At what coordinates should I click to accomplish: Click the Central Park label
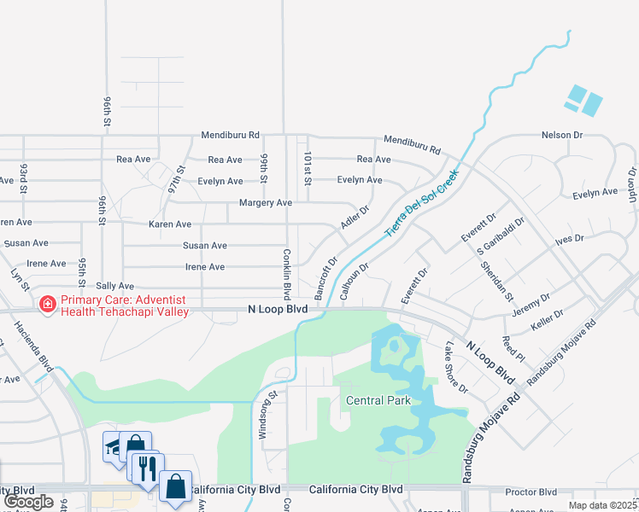(378, 400)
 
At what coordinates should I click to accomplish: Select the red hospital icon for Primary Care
(48, 303)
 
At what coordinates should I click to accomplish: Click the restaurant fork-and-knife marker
(146, 467)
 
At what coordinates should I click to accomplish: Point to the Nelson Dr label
(561, 135)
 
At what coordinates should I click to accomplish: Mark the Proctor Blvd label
(531, 492)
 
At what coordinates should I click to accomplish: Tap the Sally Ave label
(114, 286)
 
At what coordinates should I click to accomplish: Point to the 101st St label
(307, 167)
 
